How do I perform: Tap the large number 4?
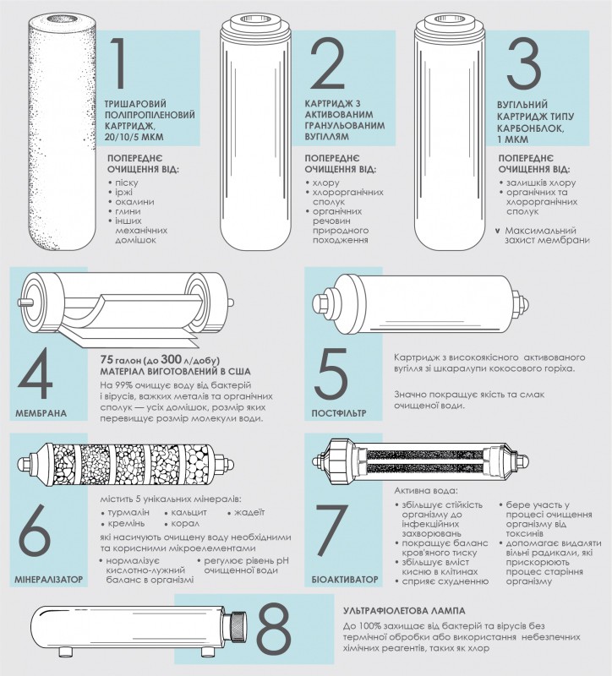click(x=36, y=373)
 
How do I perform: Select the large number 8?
click(x=274, y=629)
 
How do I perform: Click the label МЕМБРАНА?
click(x=41, y=413)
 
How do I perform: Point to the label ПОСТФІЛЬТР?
click(x=339, y=413)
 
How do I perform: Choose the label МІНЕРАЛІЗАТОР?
click(x=49, y=580)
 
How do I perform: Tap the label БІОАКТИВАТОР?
click(x=345, y=580)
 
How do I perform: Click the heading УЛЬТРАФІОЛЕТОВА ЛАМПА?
click(x=405, y=611)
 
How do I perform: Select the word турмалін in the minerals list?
click(x=128, y=513)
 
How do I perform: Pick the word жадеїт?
click(x=249, y=513)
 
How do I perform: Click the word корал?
click(x=185, y=524)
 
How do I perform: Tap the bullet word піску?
click(x=126, y=183)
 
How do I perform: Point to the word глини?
click(x=128, y=211)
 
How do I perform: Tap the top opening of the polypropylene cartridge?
click(x=63, y=19)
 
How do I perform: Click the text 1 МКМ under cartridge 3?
click(x=512, y=139)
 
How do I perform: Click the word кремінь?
click(x=126, y=524)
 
